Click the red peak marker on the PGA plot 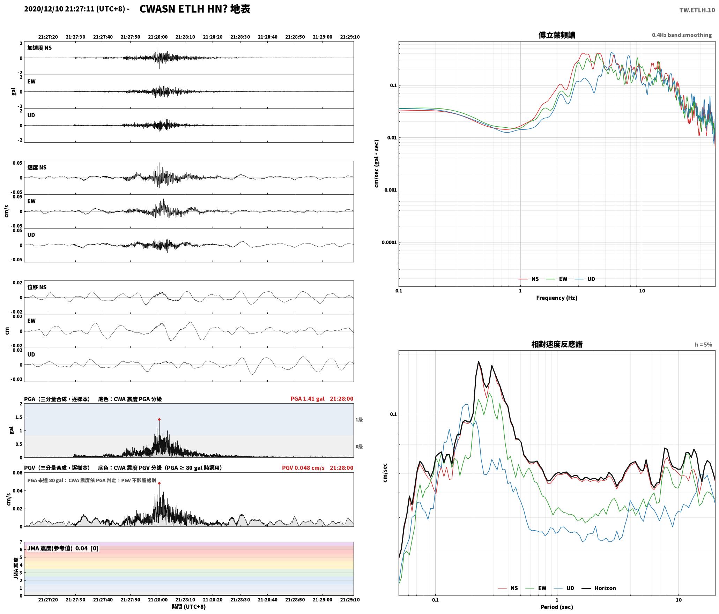point(159,420)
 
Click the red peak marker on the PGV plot point(159,484)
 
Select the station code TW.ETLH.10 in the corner point(697,10)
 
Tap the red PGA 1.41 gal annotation point(307,399)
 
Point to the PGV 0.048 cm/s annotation point(303,468)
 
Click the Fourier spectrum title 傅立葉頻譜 point(557,35)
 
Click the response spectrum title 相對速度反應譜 point(557,344)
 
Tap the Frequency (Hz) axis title point(557,298)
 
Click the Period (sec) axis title point(557,607)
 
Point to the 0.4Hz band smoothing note point(682,35)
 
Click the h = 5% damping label point(703,345)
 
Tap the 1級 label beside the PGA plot point(359,420)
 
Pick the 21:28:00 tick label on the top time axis point(158,37)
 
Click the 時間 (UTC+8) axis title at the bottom point(189,607)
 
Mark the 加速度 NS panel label point(39,48)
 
